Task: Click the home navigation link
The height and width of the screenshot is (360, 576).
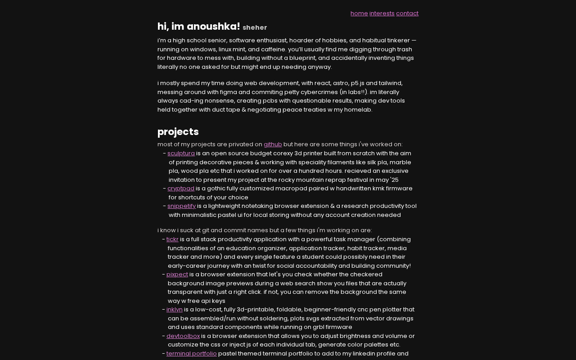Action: (359, 13)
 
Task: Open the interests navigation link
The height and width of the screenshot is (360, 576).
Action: (382, 13)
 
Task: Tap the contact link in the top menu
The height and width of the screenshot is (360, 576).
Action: (407, 13)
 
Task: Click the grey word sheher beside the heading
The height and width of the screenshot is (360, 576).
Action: (255, 27)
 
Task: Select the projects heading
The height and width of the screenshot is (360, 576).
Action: (178, 132)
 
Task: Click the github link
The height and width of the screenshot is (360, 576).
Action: (273, 144)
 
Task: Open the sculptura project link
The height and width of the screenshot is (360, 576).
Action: (181, 153)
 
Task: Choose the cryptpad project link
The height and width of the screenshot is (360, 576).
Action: (181, 189)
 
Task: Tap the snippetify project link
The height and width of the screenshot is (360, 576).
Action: (181, 206)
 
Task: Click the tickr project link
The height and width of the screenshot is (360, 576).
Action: (172, 239)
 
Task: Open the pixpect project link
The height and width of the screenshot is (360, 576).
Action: (177, 274)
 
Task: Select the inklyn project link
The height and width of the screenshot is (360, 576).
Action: (175, 310)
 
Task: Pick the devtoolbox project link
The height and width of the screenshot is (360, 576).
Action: (183, 336)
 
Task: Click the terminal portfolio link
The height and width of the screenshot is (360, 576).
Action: (191, 354)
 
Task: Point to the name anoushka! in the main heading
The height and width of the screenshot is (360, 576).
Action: (213, 27)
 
